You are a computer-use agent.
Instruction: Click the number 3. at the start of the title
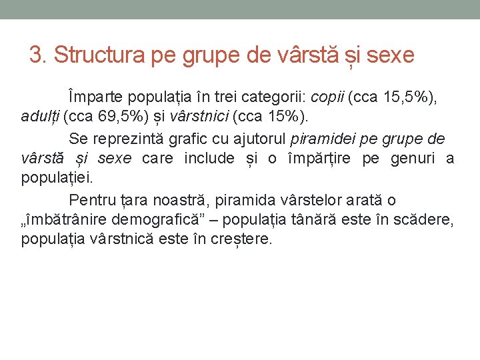click(39, 55)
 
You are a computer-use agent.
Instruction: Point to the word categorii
click(273, 97)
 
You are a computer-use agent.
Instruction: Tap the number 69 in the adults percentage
click(105, 118)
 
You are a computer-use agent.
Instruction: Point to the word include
click(209, 159)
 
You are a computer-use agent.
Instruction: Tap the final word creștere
click(241, 240)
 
